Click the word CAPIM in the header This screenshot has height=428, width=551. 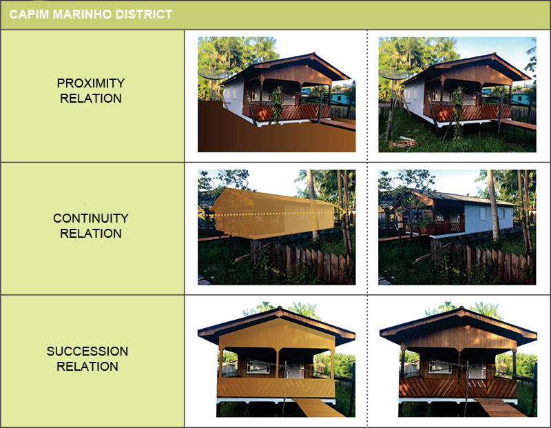pyautogui.click(x=29, y=14)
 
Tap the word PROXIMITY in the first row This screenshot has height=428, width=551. pyautogui.click(x=91, y=83)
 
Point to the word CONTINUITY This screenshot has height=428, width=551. pyautogui.click(x=91, y=218)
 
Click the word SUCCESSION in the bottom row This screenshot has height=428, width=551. pyautogui.click(x=87, y=351)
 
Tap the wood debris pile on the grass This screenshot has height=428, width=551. pyautogui.click(x=402, y=142)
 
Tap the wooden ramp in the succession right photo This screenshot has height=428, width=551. pyautogui.click(x=501, y=408)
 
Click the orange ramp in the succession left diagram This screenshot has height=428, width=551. pyautogui.click(x=318, y=408)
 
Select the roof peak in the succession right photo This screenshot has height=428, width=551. pyautogui.click(x=459, y=309)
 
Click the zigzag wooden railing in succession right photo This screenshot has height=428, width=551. pyautogui.click(x=458, y=388)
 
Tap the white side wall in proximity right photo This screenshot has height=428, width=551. pyautogui.click(x=415, y=99)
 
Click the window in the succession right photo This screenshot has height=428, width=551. pyautogui.click(x=440, y=366)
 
